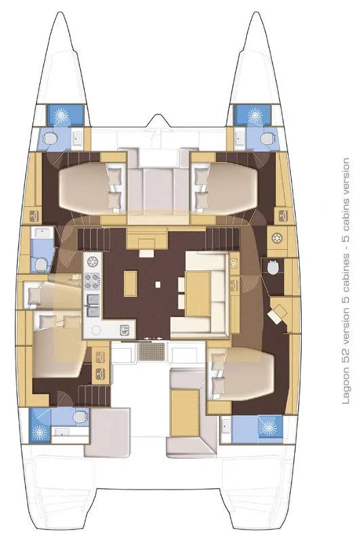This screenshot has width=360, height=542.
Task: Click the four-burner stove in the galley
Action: (92, 281)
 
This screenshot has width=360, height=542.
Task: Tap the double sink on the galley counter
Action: (93, 306)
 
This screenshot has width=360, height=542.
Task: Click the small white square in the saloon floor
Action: (158, 285)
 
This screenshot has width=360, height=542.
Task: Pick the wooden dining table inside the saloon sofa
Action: (198, 293)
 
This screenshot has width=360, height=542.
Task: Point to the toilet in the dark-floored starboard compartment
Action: (273, 266)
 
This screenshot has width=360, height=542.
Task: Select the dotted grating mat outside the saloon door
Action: (152, 352)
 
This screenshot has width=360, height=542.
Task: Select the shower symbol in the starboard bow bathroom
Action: (255, 114)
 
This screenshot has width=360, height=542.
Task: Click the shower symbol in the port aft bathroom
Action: (40, 431)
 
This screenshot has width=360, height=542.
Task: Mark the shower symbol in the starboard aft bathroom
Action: (269, 428)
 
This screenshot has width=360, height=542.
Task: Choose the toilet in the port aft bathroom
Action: (80, 417)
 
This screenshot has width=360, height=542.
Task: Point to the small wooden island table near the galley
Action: (130, 284)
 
